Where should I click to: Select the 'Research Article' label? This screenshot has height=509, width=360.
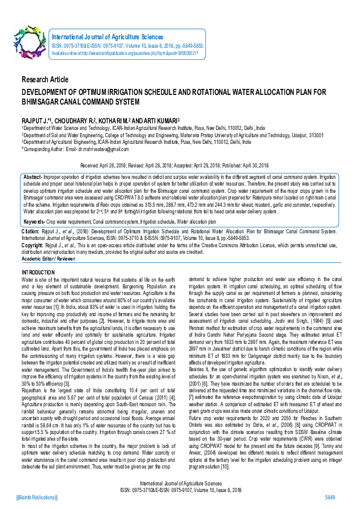(x=45, y=80)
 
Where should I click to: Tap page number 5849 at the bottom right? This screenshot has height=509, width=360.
(x=330, y=497)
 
